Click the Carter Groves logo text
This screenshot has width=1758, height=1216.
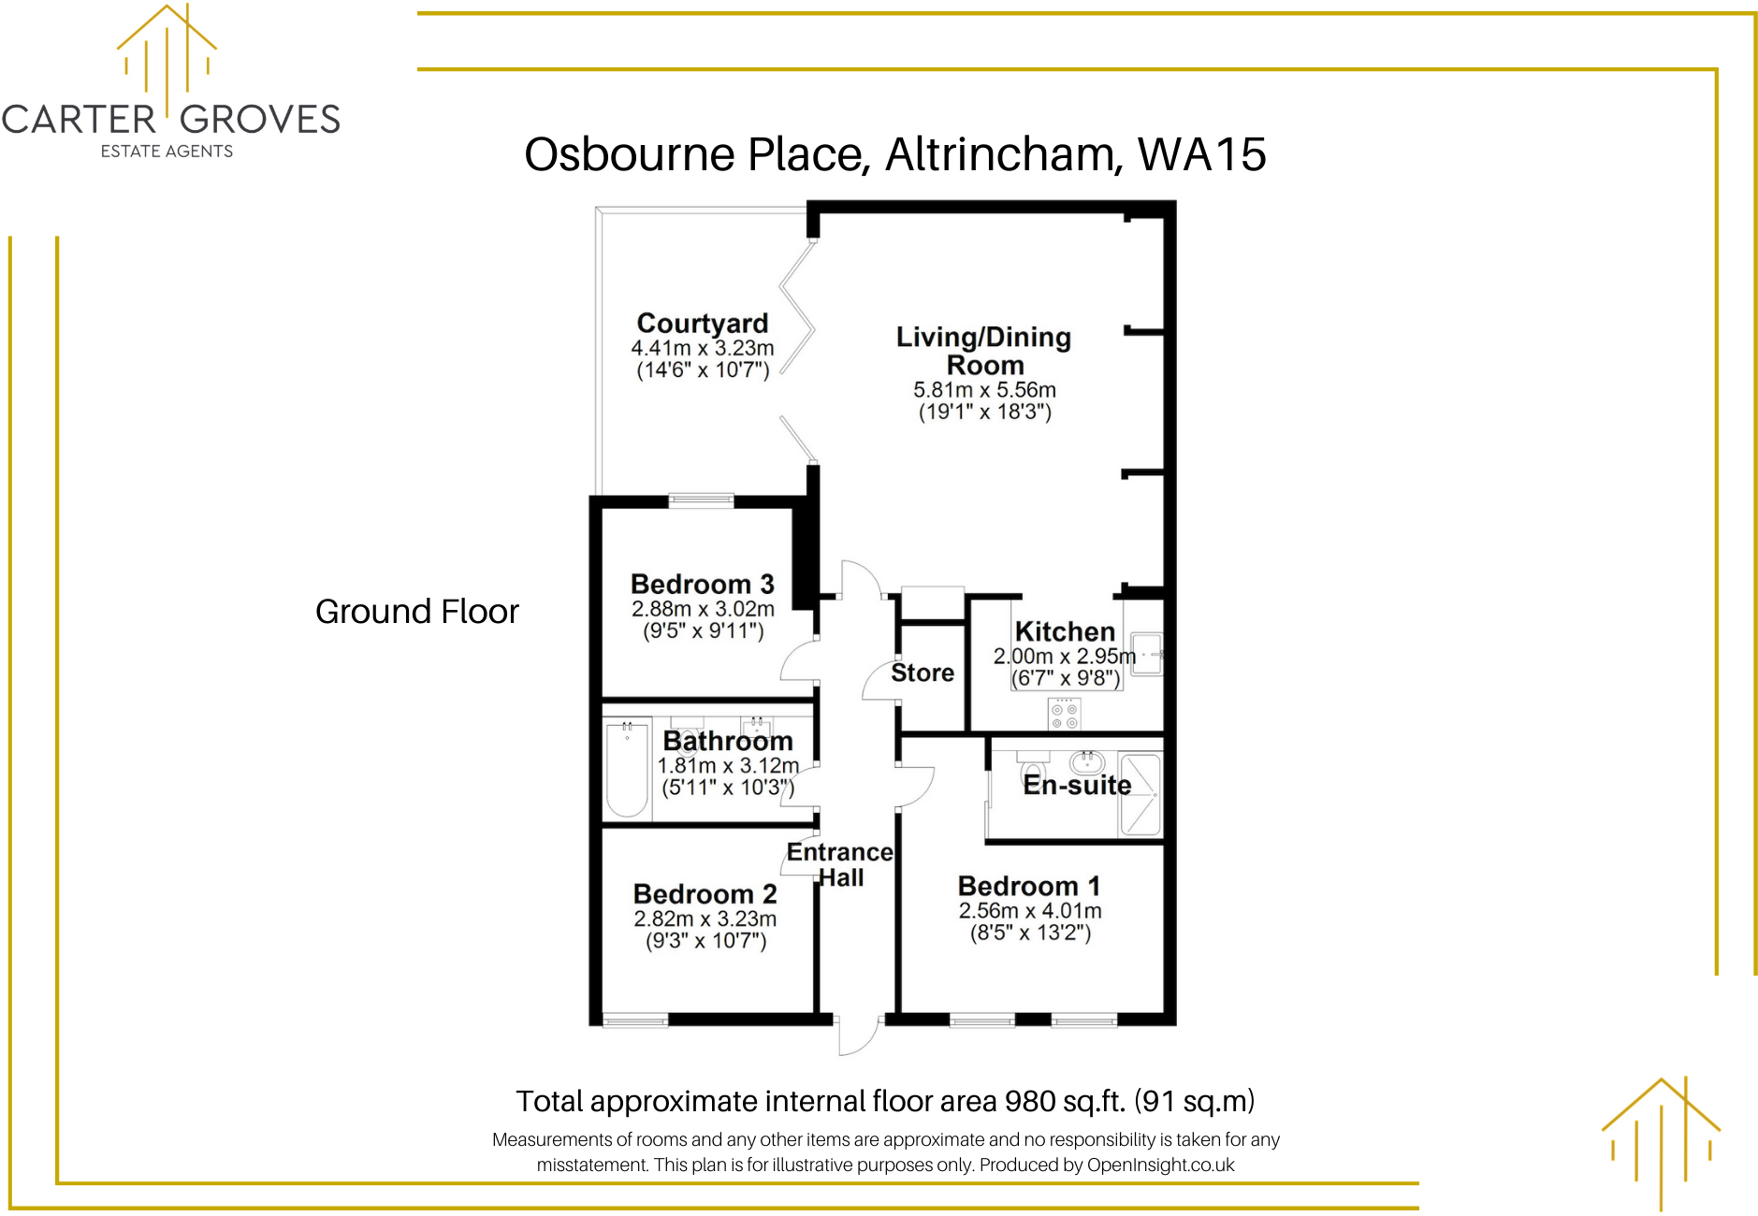click(x=170, y=120)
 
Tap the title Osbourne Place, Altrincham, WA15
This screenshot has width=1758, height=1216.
click(x=894, y=154)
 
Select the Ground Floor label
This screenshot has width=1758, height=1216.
click(x=416, y=612)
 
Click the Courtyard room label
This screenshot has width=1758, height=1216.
click(x=703, y=323)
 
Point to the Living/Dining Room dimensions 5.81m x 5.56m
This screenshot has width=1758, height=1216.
click(x=984, y=390)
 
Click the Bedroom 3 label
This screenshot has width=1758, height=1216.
click(x=703, y=584)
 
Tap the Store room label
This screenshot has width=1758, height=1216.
click(x=923, y=673)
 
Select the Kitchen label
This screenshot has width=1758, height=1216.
click(x=1065, y=631)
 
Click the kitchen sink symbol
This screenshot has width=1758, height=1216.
click(x=1146, y=653)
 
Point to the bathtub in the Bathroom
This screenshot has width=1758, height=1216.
click(x=627, y=769)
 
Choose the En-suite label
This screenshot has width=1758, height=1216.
click(x=1077, y=785)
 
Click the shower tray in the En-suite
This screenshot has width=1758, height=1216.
click(x=1140, y=794)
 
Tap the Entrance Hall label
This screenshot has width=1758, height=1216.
click(x=840, y=864)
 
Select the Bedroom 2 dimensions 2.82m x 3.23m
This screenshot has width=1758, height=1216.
click(x=705, y=919)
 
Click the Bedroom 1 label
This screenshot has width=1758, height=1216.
click(x=1029, y=885)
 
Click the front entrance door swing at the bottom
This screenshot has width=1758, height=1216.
click(x=856, y=1036)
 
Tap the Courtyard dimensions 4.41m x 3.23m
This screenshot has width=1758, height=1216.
click(x=703, y=348)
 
